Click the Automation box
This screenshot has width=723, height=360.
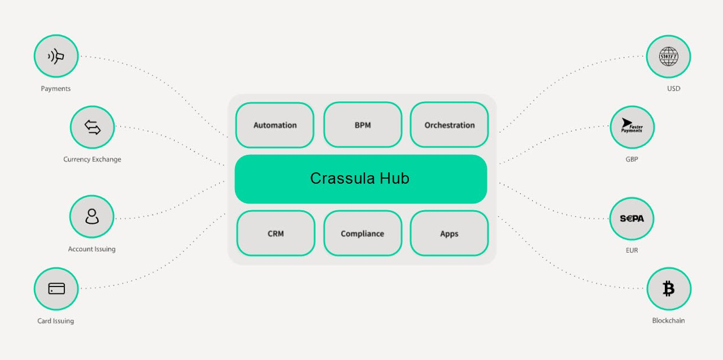point(275,125)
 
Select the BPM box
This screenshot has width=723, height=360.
point(363,125)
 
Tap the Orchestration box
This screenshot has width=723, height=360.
point(450,125)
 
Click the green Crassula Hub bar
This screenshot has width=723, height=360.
point(360,179)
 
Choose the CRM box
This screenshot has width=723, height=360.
point(276,233)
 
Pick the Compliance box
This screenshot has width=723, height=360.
point(363,233)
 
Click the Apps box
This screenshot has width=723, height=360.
point(449,233)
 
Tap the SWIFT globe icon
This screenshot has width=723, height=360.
point(668,56)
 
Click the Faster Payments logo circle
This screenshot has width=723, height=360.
point(631,127)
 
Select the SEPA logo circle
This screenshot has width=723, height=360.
point(631,218)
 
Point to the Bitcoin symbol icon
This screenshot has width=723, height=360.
point(668,289)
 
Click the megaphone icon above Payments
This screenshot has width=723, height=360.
point(56,56)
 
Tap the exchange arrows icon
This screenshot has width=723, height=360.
point(92,127)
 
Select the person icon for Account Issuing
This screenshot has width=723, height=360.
point(92,217)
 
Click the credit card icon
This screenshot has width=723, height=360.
point(56,289)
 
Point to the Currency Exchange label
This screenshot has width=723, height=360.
point(92,159)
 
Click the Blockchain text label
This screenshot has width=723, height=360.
point(668,320)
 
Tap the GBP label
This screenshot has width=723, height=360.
point(631,159)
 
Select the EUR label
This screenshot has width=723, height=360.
point(631,250)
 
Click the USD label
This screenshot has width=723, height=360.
point(673,89)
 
